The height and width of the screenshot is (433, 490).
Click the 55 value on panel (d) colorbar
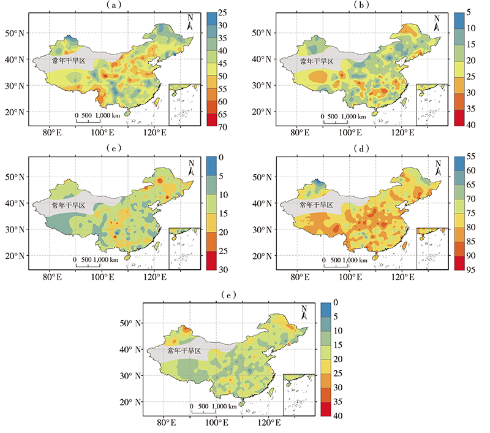pyautogui.click(x=468, y=157)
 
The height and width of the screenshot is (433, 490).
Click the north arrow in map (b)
pyautogui.click(x=437, y=23)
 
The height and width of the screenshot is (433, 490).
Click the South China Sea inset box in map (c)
pyautogui.click(x=183, y=248)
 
